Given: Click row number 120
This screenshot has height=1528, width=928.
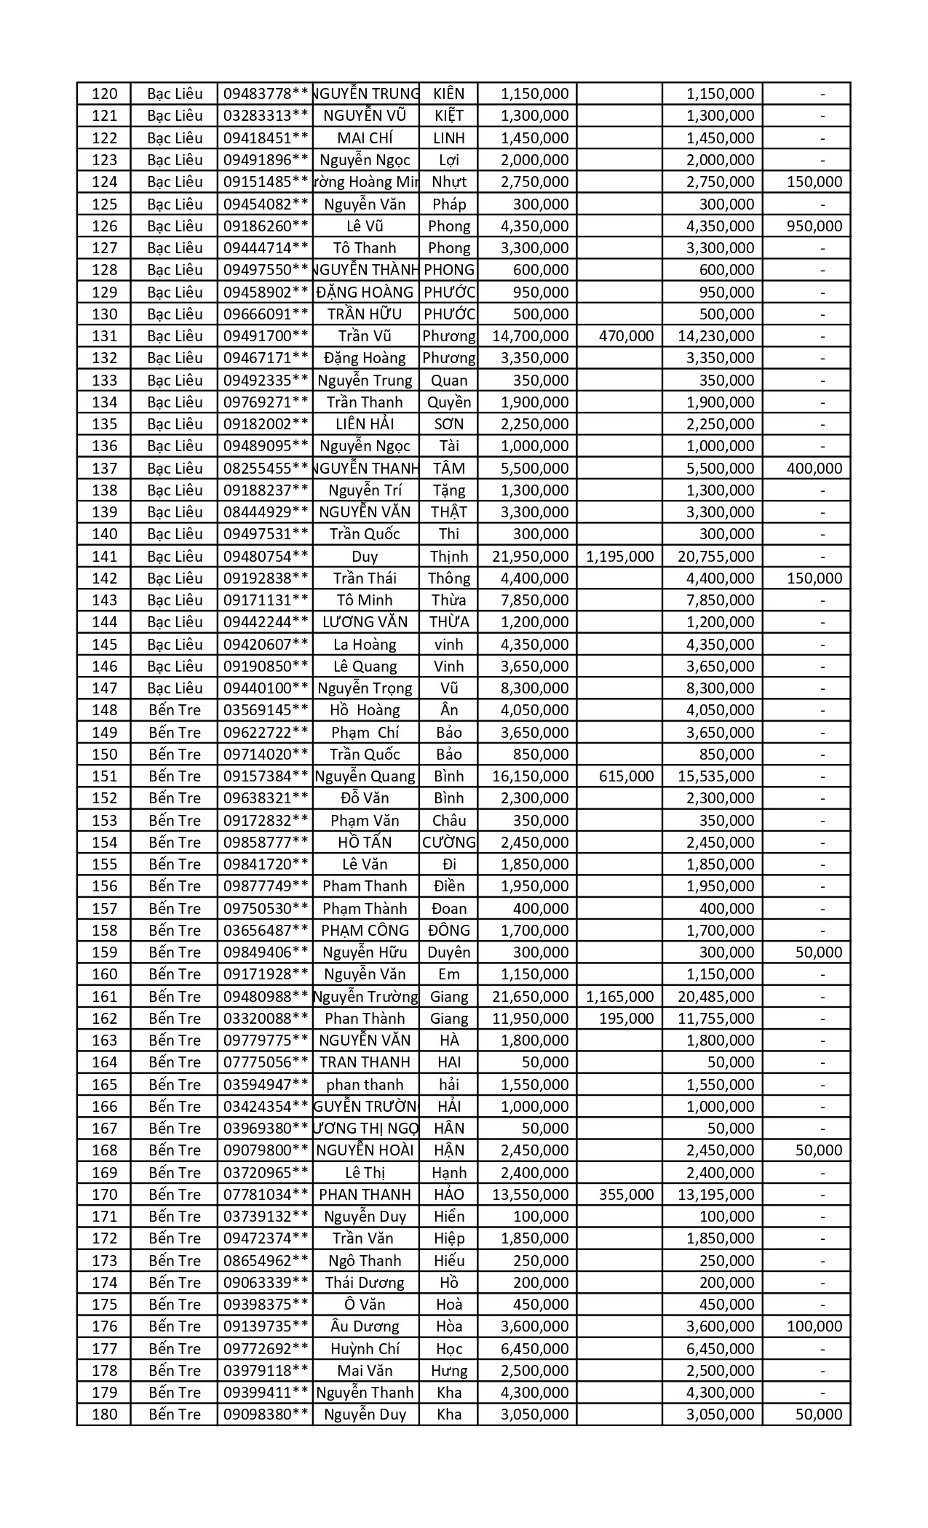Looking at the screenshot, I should click(x=105, y=94).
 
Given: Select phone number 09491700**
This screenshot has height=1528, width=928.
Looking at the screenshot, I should click(x=266, y=336).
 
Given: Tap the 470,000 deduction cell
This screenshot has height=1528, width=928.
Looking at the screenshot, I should click(x=626, y=336).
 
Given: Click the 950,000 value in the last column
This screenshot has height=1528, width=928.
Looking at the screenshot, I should click(x=814, y=226).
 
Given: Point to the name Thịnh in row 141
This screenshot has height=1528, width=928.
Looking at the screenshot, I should click(x=448, y=557).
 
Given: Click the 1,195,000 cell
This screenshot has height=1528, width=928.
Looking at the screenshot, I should click(x=619, y=557).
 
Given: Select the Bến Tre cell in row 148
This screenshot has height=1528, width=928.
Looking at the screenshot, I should click(x=175, y=710).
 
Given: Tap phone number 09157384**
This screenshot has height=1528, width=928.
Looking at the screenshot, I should click(x=266, y=776).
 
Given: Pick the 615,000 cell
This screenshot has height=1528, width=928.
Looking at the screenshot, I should click(x=626, y=776).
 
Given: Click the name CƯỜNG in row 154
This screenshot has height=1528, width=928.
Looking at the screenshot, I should click(x=448, y=843).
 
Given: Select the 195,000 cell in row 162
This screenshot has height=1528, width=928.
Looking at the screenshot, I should click(x=626, y=1019).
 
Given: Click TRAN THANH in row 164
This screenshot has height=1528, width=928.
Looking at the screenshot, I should click(x=365, y=1062).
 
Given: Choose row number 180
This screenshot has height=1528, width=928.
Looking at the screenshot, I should click(x=105, y=1414).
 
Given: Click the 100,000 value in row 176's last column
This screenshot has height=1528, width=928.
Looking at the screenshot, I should click(x=814, y=1326).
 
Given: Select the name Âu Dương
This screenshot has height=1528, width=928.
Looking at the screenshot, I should click(x=365, y=1326).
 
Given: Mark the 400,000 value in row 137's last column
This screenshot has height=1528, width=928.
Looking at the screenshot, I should click(x=814, y=469).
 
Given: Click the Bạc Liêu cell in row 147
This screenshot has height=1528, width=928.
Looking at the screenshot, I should click(x=175, y=688).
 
